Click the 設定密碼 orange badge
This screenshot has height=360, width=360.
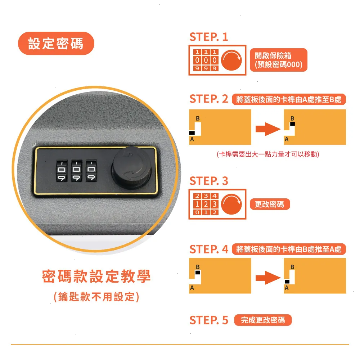tap(56, 44)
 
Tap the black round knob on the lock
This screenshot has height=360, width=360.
tap(131, 168)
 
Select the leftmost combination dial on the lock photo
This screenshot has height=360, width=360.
tap(62, 171)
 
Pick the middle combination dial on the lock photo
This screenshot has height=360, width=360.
tap(76, 171)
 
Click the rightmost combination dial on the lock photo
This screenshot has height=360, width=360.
tap(91, 171)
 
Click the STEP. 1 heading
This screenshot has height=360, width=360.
tap(209, 37)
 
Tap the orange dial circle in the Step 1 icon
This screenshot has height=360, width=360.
tap(231, 60)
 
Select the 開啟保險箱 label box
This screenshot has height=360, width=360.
tap(279, 60)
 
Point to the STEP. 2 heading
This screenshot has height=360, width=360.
tap(209, 99)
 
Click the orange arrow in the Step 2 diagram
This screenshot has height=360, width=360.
tap(268, 129)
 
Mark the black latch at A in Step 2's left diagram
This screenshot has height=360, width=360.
tap(192, 133)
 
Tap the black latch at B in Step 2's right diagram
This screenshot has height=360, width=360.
tap(292, 124)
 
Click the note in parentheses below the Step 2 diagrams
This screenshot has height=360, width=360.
tap(268, 154)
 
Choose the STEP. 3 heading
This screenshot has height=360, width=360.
tap(209, 181)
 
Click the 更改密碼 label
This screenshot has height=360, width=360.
tap(270, 204)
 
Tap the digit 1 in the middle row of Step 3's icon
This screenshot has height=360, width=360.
tap(197, 204)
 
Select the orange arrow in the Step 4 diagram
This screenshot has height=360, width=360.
tap(268, 278)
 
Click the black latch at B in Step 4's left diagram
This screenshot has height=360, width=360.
tap(198, 273)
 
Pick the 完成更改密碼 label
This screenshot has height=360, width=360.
tap(263, 320)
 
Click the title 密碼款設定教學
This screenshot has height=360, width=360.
tap(96, 276)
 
